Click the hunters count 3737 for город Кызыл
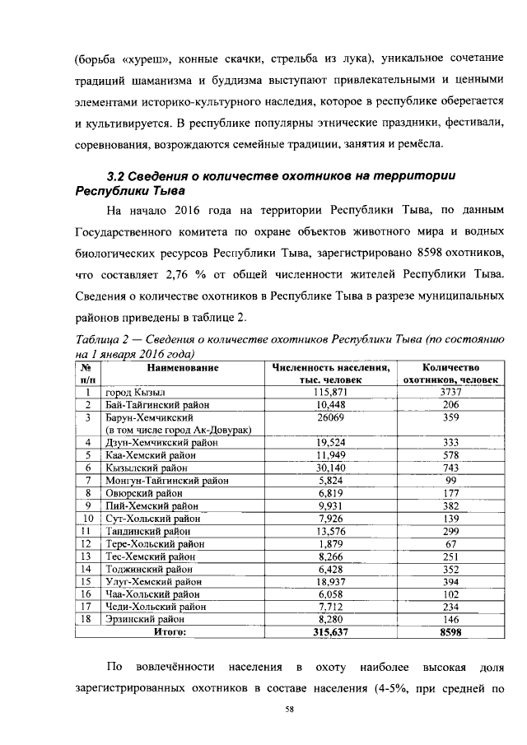click(x=450, y=393)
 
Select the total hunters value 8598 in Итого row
click(x=450, y=632)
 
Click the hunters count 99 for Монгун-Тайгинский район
click(x=450, y=480)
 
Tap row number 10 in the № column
click(x=87, y=519)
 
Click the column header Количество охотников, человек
click(x=450, y=374)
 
